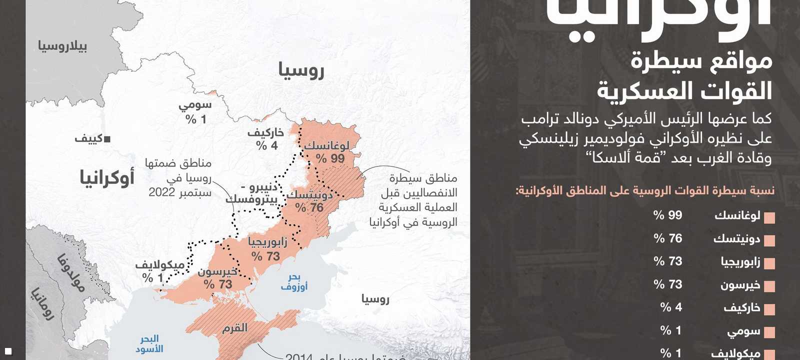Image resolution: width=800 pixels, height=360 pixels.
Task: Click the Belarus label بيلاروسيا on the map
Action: click(x=62, y=46)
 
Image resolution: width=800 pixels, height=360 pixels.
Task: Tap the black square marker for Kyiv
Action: click(x=107, y=139)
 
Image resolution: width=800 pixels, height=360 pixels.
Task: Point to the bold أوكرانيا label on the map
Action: click(x=107, y=177)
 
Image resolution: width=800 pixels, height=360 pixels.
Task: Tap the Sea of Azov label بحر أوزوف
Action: click(x=294, y=282)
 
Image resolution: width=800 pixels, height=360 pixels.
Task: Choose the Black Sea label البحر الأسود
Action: click(x=149, y=344)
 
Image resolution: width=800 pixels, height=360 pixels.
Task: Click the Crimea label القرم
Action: click(x=234, y=328)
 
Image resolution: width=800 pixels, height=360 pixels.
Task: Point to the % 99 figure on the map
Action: click(x=330, y=159)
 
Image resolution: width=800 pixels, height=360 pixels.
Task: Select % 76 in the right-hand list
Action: click(x=668, y=238)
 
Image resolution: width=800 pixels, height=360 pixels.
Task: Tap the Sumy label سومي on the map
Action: click(x=195, y=105)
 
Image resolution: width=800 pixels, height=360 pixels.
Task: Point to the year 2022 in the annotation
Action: click(x=161, y=192)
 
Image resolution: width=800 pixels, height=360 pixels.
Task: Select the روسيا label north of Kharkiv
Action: click(x=301, y=71)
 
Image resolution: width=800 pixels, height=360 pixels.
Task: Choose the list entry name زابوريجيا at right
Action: click(x=740, y=261)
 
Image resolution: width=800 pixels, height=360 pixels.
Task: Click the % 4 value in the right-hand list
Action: click(x=671, y=307)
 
